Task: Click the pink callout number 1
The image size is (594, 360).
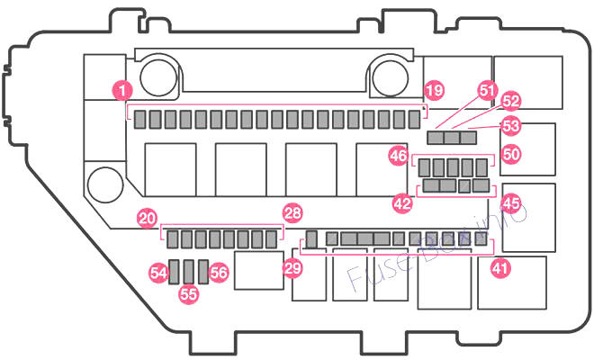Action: click(122, 91)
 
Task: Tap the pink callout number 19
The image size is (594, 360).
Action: click(434, 90)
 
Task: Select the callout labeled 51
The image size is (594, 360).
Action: click(487, 91)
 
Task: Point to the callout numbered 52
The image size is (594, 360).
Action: click(510, 101)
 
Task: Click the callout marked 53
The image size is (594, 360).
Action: click(510, 126)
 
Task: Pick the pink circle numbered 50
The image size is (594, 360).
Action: click(511, 155)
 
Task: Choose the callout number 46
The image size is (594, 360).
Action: click(398, 156)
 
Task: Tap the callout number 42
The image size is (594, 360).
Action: click(402, 203)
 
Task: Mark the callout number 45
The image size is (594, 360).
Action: click(510, 203)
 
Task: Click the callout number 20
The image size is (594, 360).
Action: click(148, 219)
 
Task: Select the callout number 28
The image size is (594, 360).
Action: click(292, 213)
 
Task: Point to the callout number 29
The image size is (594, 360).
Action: click(292, 268)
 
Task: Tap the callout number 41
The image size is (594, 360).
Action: click(500, 268)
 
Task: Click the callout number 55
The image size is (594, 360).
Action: click(189, 293)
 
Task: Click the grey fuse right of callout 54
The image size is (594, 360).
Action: click(175, 272)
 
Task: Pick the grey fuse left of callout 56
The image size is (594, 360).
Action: click(203, 272)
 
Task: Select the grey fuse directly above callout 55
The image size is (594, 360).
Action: click(189, 272)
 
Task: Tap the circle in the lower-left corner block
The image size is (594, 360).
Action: click(105, 184)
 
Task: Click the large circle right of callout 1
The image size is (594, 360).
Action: click(158, 77)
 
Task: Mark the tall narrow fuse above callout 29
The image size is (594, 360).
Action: click(311, 239)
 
